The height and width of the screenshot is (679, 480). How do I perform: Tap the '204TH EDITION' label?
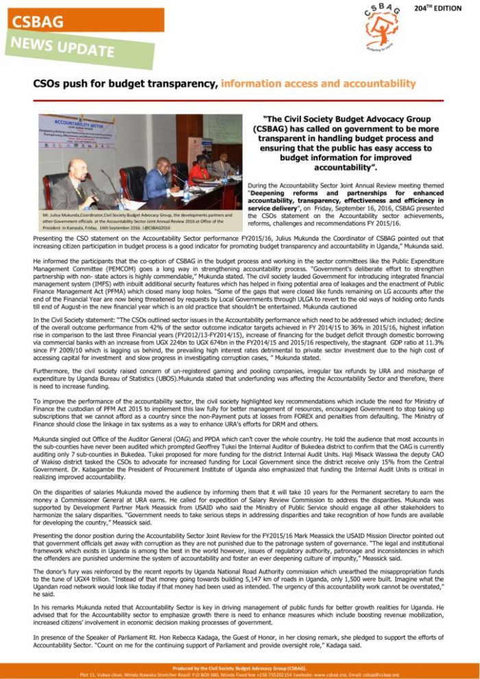439,8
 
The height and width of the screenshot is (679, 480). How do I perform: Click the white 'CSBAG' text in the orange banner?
38,22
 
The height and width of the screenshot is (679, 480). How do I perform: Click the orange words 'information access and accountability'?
318,84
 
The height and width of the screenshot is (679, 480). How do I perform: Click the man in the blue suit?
160,180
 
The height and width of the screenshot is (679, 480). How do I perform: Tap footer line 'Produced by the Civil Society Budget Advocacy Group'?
239,666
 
